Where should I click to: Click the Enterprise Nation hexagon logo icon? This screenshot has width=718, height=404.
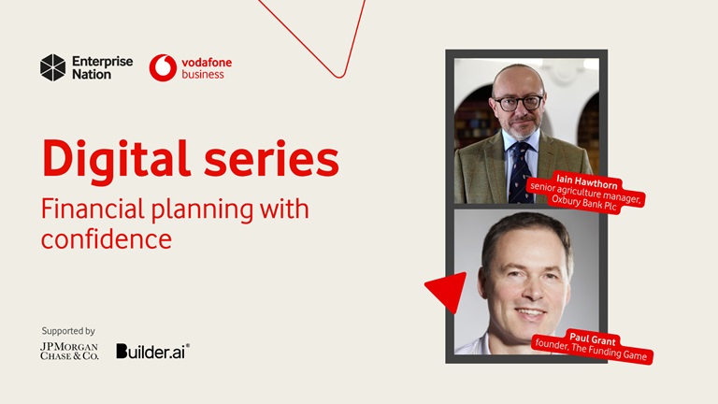[x=52, y=67]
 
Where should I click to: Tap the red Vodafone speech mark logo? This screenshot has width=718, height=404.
[x=163, y=67]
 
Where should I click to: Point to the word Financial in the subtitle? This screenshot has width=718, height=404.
[x=89, y=209]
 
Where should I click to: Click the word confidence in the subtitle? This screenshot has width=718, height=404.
[x=106, y=238]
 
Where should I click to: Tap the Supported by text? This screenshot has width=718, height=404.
[x=68, y=331]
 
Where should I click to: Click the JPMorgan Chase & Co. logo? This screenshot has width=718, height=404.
[x=68, y=351]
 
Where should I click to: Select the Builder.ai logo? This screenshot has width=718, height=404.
[x=152, y=351]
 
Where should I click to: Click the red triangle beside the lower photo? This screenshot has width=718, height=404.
[x=449, y=291]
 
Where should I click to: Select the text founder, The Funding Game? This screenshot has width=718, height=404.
[x=591, y=350]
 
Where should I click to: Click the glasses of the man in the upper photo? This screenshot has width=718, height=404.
[x=518, y=102]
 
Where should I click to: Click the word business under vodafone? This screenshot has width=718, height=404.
[x=203, y=74]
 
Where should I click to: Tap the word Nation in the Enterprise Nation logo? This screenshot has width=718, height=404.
[x=92, y=74]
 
